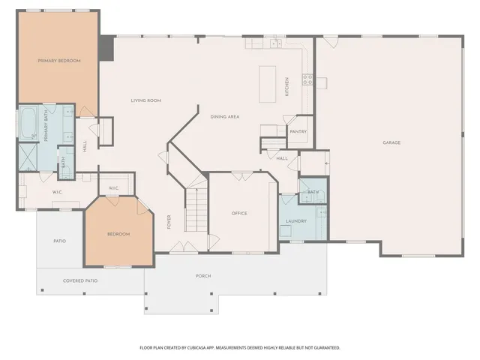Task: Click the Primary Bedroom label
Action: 59,61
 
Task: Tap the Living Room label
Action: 146,100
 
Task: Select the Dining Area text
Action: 225,117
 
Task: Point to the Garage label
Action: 391,142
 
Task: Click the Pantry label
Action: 298,132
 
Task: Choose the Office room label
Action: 239,213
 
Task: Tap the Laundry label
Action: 296,221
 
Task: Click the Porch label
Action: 203,276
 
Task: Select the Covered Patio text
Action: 80,280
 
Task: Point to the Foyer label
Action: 169,222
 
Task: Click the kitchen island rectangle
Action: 267,84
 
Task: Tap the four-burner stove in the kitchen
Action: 307,79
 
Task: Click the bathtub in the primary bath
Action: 28,123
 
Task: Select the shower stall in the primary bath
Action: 28,157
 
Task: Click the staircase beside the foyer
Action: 196,210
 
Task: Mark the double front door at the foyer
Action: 184,247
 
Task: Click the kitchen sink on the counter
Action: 276,43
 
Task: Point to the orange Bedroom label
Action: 118,234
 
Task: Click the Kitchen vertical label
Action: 286,87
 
